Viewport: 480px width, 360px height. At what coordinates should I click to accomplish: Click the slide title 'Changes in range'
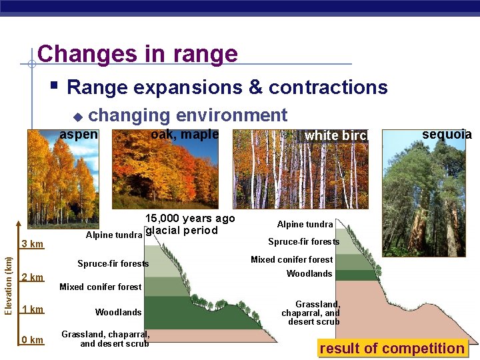tap(137, 53)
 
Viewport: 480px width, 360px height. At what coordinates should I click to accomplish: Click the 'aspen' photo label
tap(79, 134)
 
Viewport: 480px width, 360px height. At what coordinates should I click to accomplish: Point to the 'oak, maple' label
tap(185, 134)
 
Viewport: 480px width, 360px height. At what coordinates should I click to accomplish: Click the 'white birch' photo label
tap(336, 136)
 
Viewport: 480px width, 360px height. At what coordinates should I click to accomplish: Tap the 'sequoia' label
tap(447, 134)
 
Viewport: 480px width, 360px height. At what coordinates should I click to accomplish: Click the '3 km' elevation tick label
tap(32, 244)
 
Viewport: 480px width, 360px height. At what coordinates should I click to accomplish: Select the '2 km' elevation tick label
tap(32, 277)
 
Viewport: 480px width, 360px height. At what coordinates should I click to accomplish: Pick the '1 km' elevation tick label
tap(32, 309)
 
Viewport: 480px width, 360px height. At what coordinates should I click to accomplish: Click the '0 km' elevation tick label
tap(32, 340)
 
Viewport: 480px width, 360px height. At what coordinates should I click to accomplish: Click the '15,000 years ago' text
tap(190, 219)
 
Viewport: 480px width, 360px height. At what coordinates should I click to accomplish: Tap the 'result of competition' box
tap(392, 348)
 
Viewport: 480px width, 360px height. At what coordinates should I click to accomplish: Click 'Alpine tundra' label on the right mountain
tap(305, 225)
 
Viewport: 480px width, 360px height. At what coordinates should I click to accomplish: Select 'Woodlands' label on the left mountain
tap(118, 312)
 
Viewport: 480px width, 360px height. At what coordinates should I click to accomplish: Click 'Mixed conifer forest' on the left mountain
tap(100, 287)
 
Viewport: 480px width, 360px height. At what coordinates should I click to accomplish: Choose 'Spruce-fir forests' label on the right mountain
tap(303, 242)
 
